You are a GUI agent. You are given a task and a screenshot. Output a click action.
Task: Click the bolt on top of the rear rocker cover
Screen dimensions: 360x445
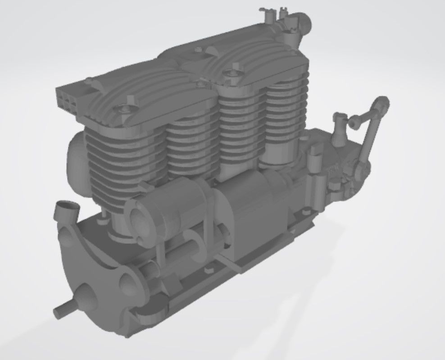coord(234,72)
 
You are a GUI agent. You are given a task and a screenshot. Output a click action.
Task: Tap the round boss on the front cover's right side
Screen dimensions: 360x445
coord(128,282)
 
